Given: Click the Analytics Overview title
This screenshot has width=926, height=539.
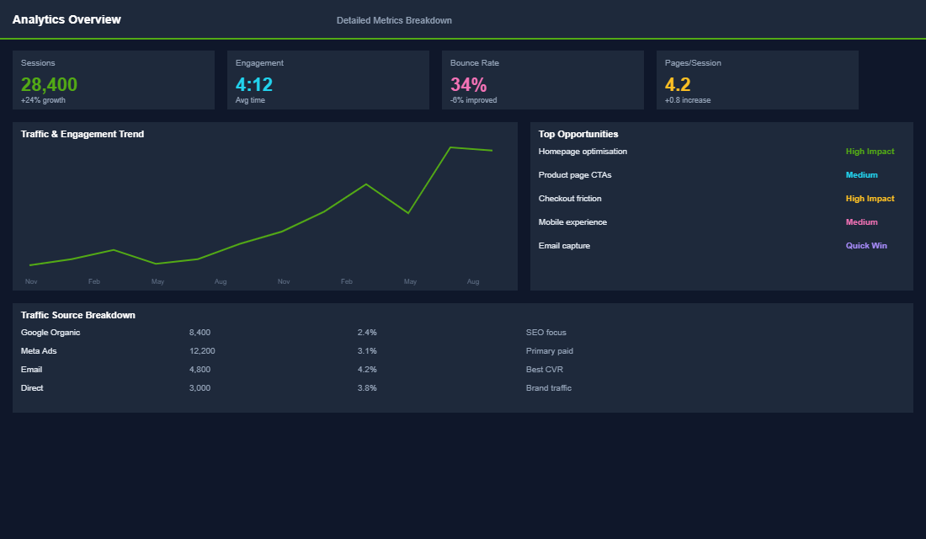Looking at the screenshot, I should point(67,19).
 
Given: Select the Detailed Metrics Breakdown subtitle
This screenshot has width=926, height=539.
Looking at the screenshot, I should point(394,20).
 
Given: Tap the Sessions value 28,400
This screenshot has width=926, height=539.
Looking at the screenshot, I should point(49,84).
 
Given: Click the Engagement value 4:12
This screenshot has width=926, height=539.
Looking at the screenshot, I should point(254,84).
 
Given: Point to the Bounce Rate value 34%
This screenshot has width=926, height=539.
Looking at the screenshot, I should point(468,84).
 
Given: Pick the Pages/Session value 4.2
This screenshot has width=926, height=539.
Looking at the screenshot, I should point(678,84).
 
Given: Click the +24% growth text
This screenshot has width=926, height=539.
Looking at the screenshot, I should point(43,100).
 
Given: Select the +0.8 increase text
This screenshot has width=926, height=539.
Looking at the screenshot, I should point(687,100).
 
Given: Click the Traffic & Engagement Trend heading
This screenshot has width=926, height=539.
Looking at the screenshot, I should point(82,134).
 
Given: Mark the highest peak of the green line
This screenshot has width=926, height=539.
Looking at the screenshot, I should point(450,147).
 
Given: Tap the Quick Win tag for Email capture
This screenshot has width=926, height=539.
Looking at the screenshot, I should point(866,246).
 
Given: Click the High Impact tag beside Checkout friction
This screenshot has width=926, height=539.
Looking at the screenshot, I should point(870,199).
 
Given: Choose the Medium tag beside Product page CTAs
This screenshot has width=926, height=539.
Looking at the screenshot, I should point(861,175).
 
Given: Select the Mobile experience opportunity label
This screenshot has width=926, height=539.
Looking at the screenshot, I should point(572,222).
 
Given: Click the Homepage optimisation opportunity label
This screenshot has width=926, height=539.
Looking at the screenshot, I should point(583,152).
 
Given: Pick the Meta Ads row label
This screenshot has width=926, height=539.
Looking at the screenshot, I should point(39,351).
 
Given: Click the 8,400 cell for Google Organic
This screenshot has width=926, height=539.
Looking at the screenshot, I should point(200,333).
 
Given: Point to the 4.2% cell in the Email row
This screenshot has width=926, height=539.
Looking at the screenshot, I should point(367,370).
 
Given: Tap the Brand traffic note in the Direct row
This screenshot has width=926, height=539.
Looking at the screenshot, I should point(548,388).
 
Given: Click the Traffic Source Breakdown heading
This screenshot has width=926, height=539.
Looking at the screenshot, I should point(78,315).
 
